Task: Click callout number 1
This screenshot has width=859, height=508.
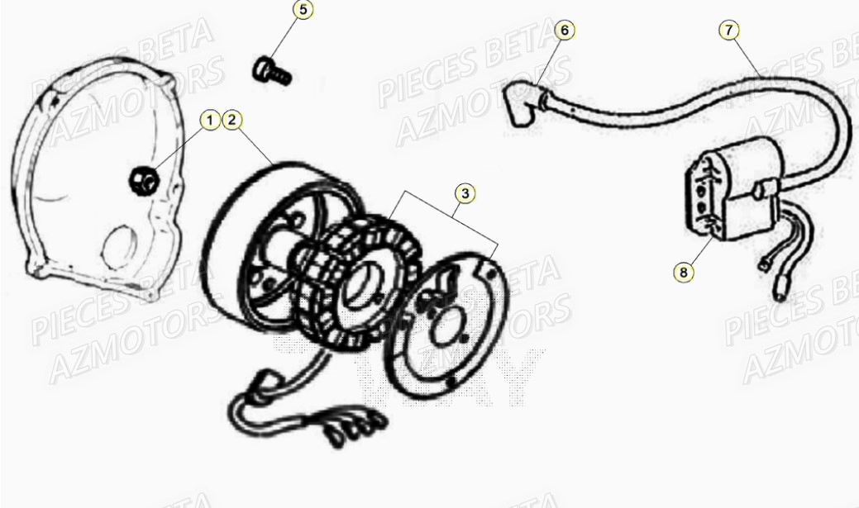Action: [210, 121]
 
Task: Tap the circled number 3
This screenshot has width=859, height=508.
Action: [465, 193]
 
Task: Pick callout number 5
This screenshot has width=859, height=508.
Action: [303, 11]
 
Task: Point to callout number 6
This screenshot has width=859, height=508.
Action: [565, 31]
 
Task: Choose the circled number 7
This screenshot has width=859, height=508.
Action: [728, 31]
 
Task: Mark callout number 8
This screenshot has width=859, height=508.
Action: [684, 270]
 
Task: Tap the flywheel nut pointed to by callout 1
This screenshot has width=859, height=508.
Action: [143, 179]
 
